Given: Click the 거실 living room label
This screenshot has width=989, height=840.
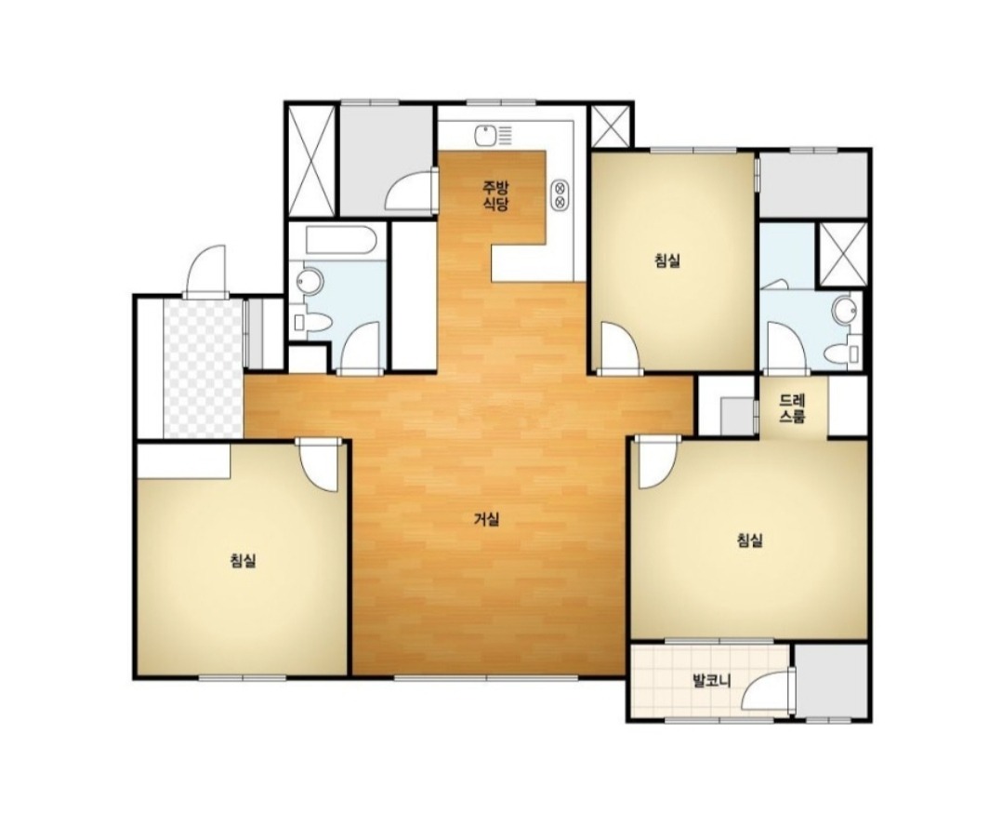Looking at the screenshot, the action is (x=487, y=519).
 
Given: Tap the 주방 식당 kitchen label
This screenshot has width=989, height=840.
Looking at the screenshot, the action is (x=495, y=195).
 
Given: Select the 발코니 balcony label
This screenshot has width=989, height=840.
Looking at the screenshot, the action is (x=711, y=682).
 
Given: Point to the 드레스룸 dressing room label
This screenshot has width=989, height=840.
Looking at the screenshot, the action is (x=792, y=408).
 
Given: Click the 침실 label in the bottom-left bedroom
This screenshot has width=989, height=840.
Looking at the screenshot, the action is (x=243, y=560).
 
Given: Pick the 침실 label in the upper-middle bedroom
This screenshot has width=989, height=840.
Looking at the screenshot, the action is (x=667, y=260).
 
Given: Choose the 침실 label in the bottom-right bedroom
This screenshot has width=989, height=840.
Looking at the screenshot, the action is (x=750, y=540).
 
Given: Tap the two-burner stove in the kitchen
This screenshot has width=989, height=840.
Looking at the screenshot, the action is (x=560, y=194).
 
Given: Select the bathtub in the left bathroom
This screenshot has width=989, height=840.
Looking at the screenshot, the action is (x=341, y=240).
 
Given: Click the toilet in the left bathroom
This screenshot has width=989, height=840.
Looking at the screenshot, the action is (x=312, y=323).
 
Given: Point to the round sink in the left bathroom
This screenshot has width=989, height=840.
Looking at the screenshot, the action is (x=309, y=281).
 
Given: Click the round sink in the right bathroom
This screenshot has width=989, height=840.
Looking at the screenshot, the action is (x=844, y=310).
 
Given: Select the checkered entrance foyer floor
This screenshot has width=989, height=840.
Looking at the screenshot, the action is (x=203, y=368).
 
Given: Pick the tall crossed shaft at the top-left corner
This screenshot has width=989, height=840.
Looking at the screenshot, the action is (x=311, y=160).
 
